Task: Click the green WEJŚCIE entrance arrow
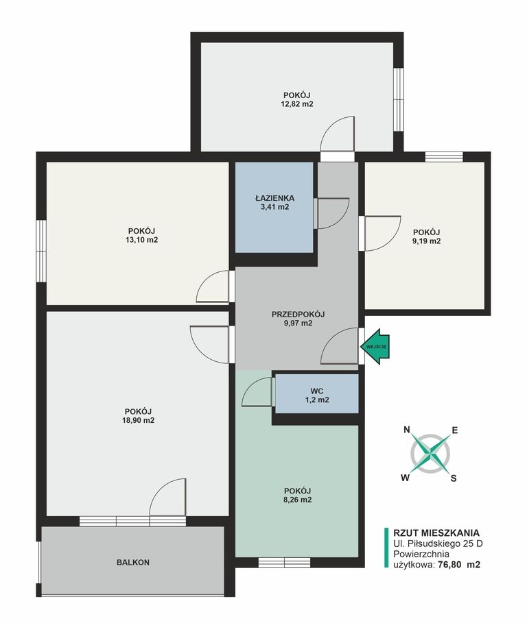click(x=375, y=346)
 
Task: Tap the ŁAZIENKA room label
click(x=274, y=198)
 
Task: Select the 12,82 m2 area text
click(x=298, y=104)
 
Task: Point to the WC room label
click(x=317, y=391)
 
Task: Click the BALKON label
click(x=133, y=562)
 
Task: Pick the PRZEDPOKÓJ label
click(x=298, y=315)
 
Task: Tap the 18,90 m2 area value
click(x=139, y=420)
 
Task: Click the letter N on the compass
click(x=406, y=430)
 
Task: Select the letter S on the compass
click(x=454, y=478)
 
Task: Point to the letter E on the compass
click(x=455, y=430)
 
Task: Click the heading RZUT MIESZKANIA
click(x=436, y=533)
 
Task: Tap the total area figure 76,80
click(x=450, y=564)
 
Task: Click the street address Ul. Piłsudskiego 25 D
click(x=438, y=543)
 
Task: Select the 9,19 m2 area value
click(x=426, y=241)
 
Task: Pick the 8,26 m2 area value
click(x=298, y=500)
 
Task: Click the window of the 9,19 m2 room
click(x=444, y=157)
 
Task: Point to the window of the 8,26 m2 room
click(x=284, y=562)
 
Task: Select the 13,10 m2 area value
click(x=141, y=240)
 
